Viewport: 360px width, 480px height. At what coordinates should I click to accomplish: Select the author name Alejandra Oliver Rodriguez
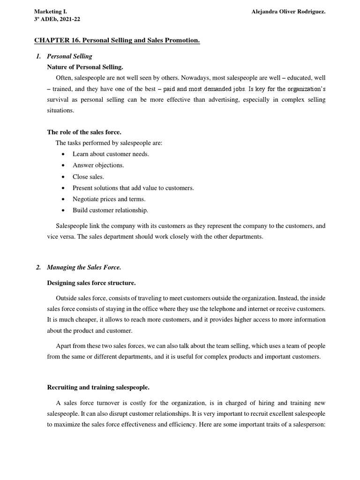[288, 11]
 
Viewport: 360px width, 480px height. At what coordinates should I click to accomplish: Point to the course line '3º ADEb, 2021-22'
[57, 19]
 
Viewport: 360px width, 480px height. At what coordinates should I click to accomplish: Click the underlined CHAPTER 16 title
[117, 41]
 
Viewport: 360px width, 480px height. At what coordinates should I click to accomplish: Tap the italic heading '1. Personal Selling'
[64, 56]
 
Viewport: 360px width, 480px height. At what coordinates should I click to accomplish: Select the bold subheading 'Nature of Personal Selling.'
[85, 67]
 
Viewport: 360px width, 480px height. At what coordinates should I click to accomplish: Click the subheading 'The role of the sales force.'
[84, 132]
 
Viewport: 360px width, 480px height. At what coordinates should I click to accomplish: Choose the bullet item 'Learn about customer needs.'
[111, 154]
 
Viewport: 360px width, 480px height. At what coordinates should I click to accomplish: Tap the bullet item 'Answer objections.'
[98, 165]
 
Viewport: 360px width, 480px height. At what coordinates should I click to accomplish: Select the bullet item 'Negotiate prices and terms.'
[109, 199]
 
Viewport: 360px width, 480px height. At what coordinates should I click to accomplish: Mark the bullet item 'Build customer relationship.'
[110, 210]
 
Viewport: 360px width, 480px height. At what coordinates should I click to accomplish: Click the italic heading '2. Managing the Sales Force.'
[78, 268]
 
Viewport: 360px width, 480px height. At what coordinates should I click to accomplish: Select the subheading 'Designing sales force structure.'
[91, 283]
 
